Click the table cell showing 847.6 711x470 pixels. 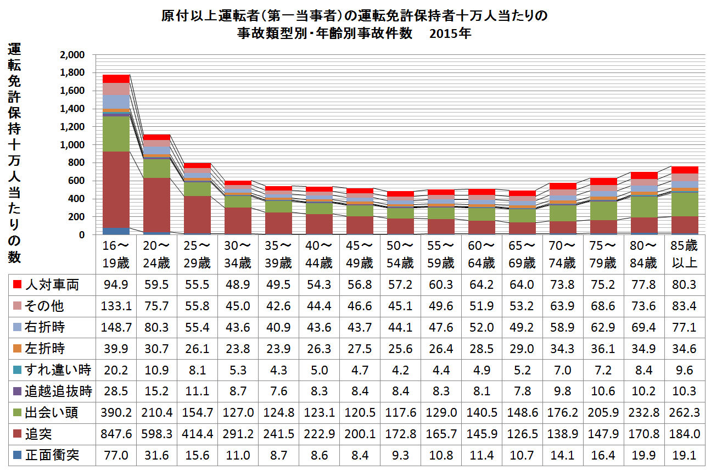pyautogui.click(x=116, y=434)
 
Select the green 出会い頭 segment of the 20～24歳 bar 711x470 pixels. pyautogui.click(x=156, y=168)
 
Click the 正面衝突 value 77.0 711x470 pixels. pyautogui.click(x=116, y=455)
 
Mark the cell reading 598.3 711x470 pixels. pyautogui.click(x=156, y=434)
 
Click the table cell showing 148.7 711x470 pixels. pyautogui.click(x=116, y=327)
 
